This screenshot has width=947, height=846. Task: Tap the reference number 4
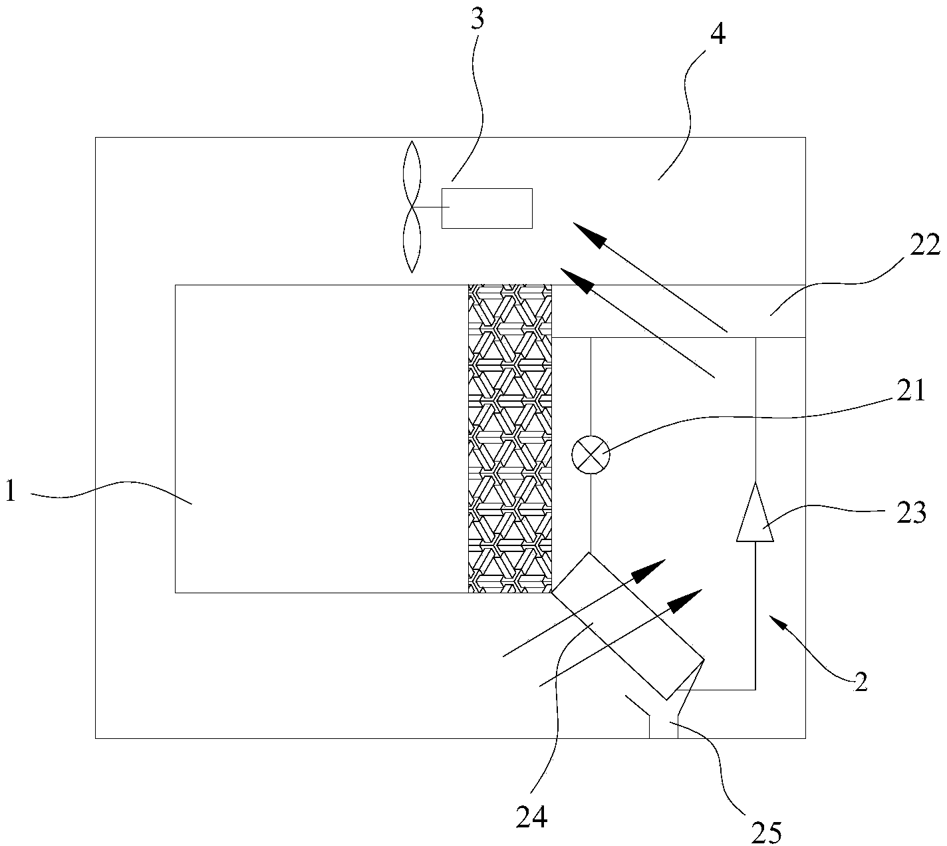pos(718,34)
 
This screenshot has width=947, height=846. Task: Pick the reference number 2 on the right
pos(861,682)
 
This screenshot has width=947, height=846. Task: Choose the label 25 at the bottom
pos(767,832)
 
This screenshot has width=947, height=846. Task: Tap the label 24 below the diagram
pos(532,817)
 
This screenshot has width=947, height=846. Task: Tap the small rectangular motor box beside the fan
pos(487,208)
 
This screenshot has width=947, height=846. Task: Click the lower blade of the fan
pos(412,239)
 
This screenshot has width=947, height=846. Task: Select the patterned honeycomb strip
pos(510,438)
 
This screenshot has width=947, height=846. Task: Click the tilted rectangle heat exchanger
pos(627,625)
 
